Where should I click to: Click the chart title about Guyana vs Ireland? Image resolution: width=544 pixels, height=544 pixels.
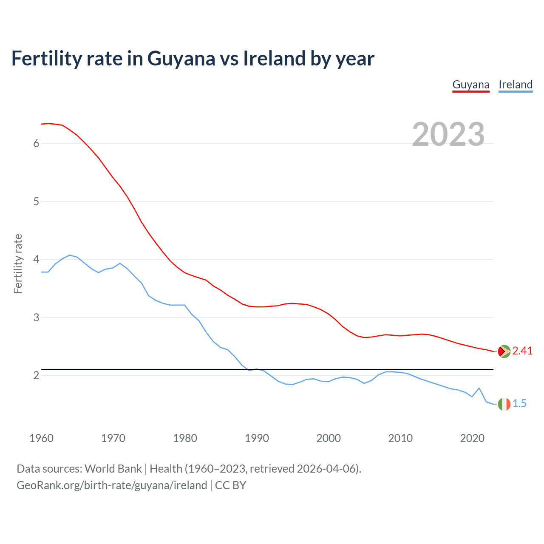pyautogui.click(x=193, y=59)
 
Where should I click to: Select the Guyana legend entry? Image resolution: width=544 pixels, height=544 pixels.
pyautogui.click(x=471, y=85)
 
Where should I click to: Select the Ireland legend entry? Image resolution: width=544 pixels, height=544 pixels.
pyautogui.click(x=516, y=85)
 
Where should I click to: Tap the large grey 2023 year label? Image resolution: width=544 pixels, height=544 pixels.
pyautogui.click(x=448, y=134)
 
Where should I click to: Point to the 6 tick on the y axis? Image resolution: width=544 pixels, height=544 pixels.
pyautogui.click(x=36, y=144)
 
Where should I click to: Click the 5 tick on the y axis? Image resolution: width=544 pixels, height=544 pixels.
pyautogui.click(x=36, y=201)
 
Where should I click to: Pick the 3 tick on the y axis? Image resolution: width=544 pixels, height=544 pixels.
pyautogui.click(x=36, y=317)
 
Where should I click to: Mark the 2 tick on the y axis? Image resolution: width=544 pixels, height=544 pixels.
pyautogui.click(x=36, y=375)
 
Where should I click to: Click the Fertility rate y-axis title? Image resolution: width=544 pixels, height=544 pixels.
pyautogui.click(x=18, y=263)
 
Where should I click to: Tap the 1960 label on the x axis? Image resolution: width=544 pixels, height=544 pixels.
pyautogui.click(x=41, y=438)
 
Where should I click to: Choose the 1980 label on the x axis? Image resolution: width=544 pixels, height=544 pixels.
pyautogui.click(x=185, y=438)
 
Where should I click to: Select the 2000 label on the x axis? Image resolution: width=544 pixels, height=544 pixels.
pyautogui.click(x=329, y=438)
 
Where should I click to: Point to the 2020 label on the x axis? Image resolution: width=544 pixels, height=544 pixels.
pyautogui.click(x=472, y=438)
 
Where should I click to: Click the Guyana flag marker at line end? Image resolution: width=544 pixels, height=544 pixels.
pyautogui.click(x=504, y=351)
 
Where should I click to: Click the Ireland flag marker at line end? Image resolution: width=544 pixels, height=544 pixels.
pyautogui.click(x=504, y=404)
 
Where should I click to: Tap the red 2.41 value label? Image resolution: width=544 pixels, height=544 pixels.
pyautogui.click(x=522, y=351)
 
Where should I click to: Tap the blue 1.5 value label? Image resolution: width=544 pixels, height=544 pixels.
pyautogui.click(x=519, y=404)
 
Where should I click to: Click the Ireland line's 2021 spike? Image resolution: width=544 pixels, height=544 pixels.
pyautogui.click(x=479, y=388)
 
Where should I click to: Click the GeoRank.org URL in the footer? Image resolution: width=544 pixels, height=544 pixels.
pyautogui.click(x=112, y=485)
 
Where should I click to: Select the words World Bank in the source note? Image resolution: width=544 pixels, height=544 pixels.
pyautogui.click(x=113, y=469)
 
